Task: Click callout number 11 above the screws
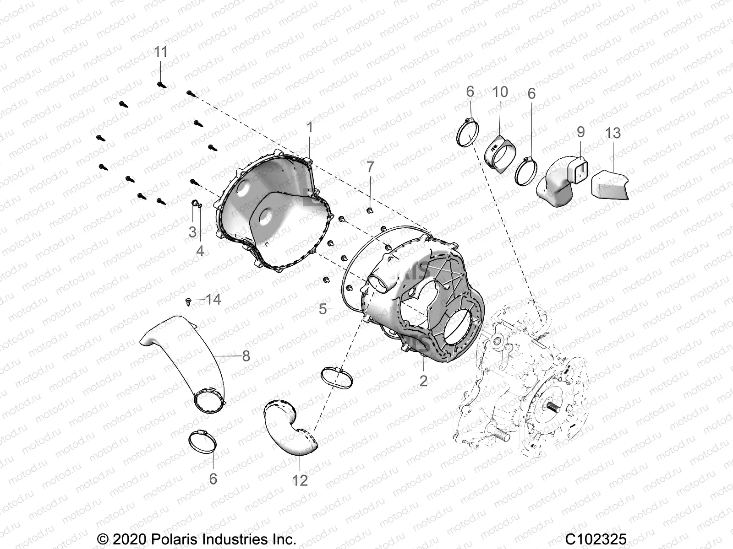coord(160,52)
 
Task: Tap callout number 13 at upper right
coord(613,133)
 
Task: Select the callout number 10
coord(500,92)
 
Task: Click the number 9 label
coord(580,132)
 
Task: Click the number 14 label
coord(213,300)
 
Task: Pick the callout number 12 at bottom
coord(300,480)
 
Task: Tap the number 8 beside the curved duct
coord(246,356)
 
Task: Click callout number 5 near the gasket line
coord(323,309)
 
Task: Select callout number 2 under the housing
coord(423,380)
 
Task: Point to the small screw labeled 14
coord(189,301)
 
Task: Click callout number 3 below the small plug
coord(192,231)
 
